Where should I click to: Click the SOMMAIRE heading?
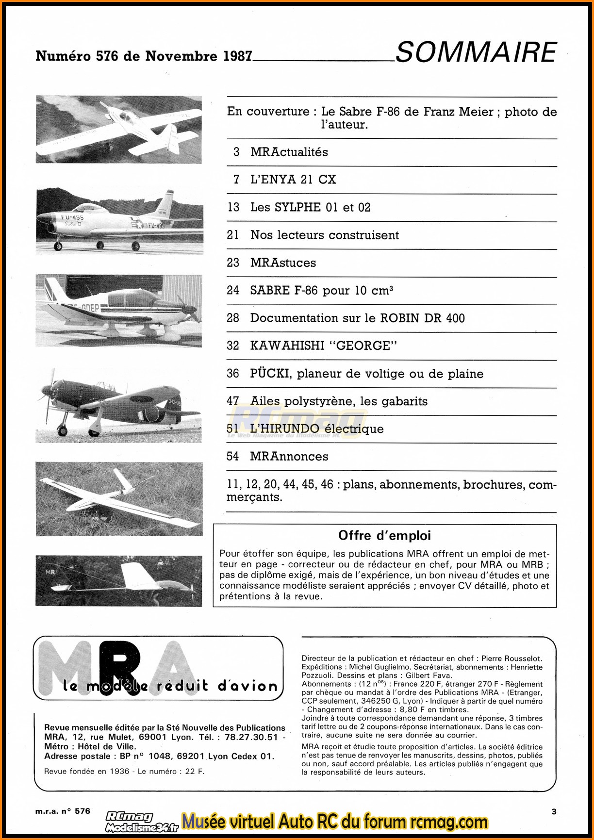pyautogui.click(x=476, y=52)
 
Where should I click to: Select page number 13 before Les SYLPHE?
pyautogui.click(x=233, y=207)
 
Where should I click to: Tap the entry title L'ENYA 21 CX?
pyautogui.click(x=293, y=180)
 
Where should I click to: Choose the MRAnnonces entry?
pyautogui.click(x=289, y=457)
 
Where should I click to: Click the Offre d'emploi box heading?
pyautogui.click(x=384, y=536)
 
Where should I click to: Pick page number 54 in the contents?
pyautogui.click(x=233, y=457)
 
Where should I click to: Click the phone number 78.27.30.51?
pyautogui.click(x=248, y=737)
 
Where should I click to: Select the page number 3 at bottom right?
pyautogui.click(x=554, y=811)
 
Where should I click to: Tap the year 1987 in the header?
pyautogui.click(x=237, y=56)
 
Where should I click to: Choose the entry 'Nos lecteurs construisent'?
pyautogui.click(x=324, y=235)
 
